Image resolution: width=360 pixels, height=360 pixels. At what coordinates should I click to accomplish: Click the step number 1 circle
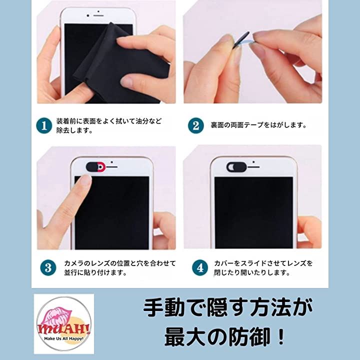[44, 125]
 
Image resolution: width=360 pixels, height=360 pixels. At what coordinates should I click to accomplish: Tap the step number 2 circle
[196, 125]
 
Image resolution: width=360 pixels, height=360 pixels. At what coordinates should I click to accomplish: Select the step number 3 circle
[48, 267]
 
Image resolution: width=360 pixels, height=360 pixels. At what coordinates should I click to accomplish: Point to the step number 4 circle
[200, 267]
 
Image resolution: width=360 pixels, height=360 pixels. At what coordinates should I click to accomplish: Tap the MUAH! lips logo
[64, 324]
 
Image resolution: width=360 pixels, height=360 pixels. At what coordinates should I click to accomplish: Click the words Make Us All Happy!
[64, 338]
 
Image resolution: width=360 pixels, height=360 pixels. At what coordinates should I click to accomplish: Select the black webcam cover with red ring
[95, 166]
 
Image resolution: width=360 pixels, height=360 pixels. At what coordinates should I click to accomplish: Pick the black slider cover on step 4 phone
[236, 167]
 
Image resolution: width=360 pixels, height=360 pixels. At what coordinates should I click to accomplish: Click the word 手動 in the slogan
[164, 307]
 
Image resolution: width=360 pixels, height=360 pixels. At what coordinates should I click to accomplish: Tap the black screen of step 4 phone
[253, 212]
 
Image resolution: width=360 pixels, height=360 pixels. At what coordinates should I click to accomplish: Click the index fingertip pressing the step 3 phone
[84, 180]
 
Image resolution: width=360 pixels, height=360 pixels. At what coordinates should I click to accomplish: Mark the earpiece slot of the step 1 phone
[98, 15]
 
